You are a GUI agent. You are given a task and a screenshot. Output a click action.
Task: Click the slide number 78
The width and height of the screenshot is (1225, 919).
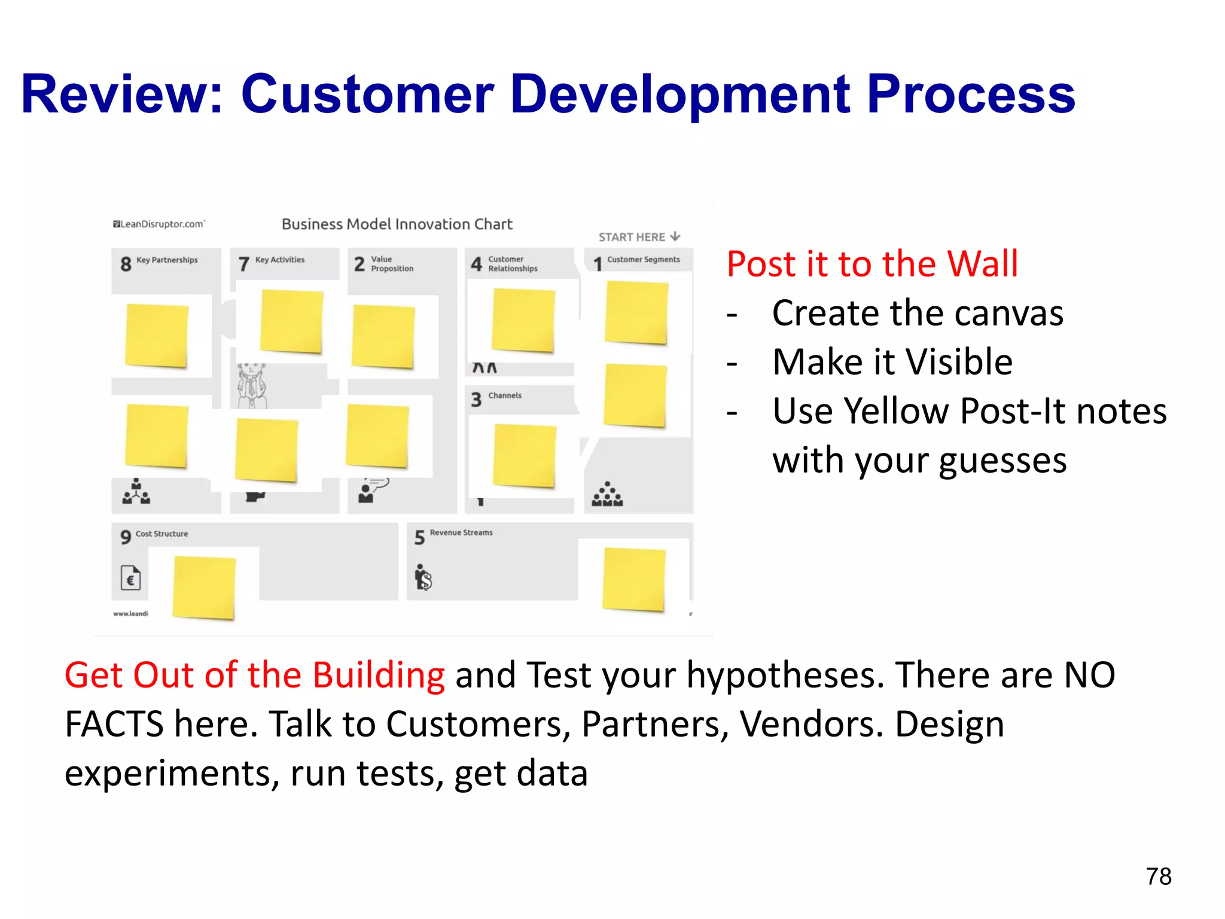pos(1158,877)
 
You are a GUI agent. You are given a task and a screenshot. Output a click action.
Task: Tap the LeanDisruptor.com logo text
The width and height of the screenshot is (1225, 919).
pos(159,224)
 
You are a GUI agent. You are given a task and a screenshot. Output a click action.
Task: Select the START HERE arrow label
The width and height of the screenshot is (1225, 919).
pos(639,237)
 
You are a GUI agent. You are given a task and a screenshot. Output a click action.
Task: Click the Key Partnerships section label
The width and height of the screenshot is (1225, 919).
pos(167,260)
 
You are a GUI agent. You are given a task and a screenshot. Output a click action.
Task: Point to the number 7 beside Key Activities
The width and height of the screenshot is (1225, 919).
pos(243,264)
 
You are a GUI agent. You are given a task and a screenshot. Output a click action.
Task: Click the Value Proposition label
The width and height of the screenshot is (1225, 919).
pos(392,264)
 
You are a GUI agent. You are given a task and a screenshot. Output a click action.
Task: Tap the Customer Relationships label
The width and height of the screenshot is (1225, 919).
pos(513,264)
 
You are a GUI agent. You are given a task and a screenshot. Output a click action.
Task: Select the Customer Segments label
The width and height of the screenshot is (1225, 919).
pos(643,260)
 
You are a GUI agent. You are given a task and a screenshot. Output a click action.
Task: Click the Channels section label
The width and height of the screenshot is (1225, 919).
pos(505,395)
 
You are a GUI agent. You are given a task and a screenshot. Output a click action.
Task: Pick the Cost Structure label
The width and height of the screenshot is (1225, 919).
pos(161,534)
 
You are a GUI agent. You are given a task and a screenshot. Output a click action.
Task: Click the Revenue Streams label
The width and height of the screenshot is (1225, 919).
pos(461,532)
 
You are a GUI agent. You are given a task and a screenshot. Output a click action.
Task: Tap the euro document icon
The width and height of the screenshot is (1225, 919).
pos(130,578)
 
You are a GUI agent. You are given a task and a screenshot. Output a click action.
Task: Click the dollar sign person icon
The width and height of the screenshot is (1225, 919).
pos(423,577)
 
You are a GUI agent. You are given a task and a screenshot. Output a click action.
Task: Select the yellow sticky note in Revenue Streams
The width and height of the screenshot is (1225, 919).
pos(634,579)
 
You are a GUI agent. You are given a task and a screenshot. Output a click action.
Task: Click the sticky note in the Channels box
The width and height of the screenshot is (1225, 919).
pos(525,456)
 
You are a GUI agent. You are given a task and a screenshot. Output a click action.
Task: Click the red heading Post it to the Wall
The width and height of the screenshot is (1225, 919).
pos(872,264)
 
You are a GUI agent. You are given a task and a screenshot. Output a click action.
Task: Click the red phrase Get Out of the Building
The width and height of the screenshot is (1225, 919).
pos(254,675)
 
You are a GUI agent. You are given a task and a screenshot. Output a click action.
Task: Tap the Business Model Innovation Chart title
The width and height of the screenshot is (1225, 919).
pos(397,224)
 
